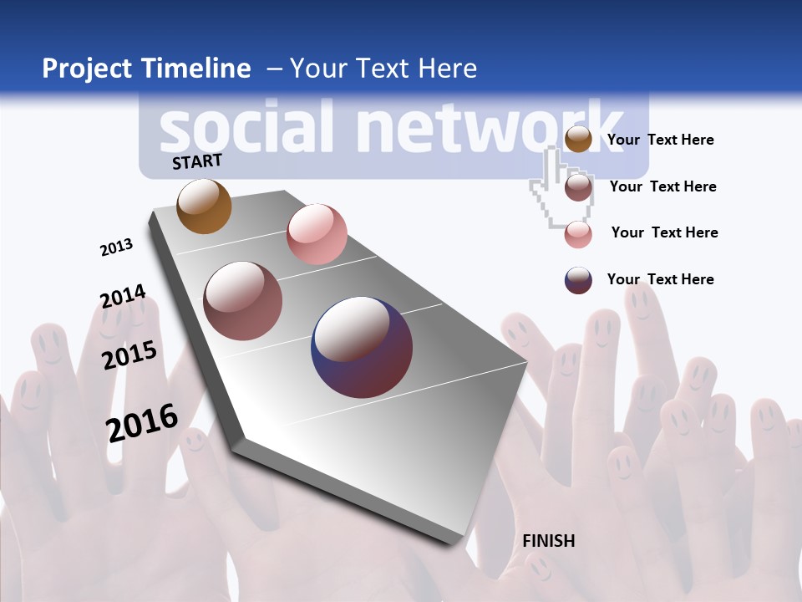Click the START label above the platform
[197, 161]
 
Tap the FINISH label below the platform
[549, 541]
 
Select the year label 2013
[116, 247]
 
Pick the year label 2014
[123, 297]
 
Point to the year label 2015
[129, 355]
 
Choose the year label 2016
[142, 423]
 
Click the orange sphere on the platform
[204, 206]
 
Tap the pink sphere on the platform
[317, 233]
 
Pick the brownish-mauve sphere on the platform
[242, 301]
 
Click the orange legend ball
[578, 140]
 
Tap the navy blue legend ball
[578, 280]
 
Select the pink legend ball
[578, 234]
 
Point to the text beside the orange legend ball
[660, 140]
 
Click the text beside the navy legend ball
[660, 279]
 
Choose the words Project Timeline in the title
[146, 69]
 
